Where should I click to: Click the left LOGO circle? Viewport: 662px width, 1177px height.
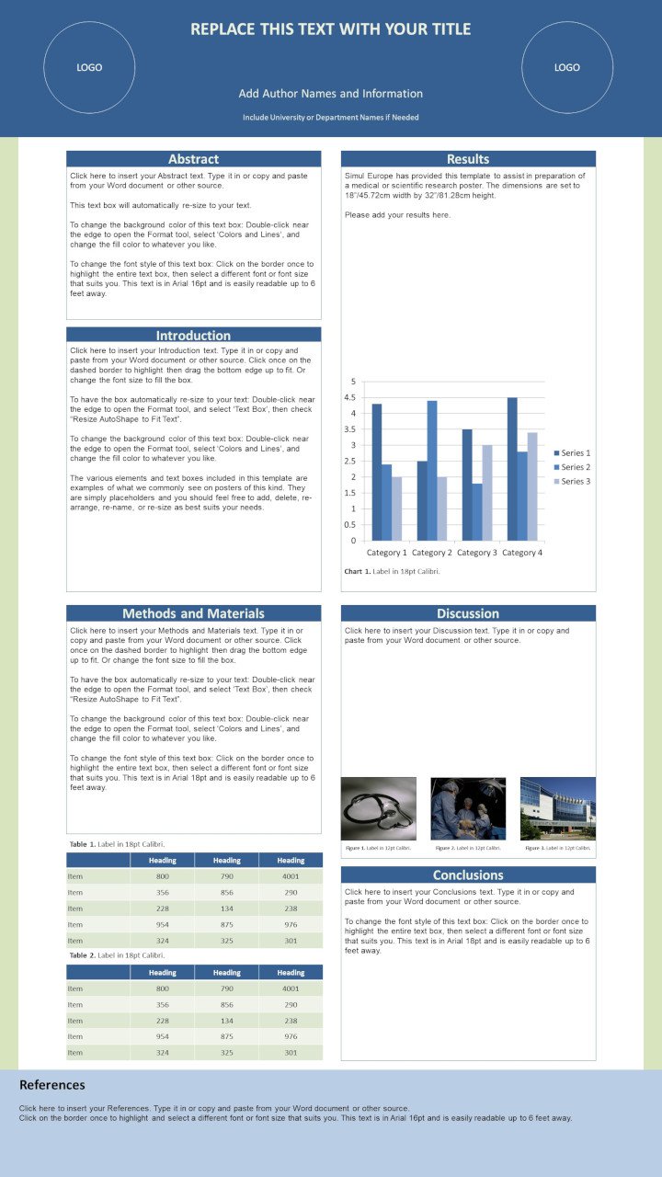click(89, 67)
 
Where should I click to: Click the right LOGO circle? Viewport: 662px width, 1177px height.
click(567, 67)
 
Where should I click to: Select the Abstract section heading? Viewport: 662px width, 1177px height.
click(193, 159)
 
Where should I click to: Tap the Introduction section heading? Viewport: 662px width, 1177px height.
click(193, 336)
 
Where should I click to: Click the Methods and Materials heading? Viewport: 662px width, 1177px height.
click(193, 613)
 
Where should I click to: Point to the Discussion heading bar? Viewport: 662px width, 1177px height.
click(468, 613)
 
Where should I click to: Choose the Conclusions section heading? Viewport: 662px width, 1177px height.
click(468, 874)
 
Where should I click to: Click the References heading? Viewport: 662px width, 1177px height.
click(52, 1085)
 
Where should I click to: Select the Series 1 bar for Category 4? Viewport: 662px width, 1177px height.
click(512, 469)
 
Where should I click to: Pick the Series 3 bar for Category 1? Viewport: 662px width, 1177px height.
click(396, 509)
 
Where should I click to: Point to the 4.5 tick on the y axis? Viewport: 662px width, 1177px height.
click(349, 397)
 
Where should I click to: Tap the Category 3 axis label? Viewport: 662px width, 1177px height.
click(476, 553)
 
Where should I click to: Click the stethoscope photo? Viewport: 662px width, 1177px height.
click(378, 808)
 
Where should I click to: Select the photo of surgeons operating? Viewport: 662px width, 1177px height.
click(468, 808)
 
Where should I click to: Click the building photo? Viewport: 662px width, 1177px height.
click(557, 808)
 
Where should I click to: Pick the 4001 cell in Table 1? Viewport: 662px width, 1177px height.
click(291, 876)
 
